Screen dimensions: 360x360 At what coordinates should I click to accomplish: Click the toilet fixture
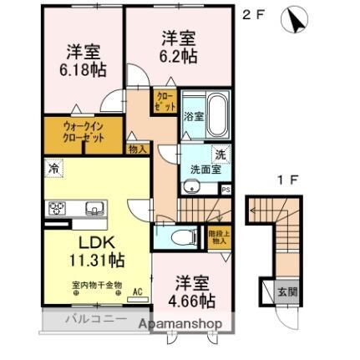click(182, 237)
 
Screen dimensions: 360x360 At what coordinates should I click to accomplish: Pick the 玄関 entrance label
click(286, 292)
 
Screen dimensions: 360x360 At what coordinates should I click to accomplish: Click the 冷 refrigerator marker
click(52, 167)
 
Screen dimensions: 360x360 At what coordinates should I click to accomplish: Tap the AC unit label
click(138, 292)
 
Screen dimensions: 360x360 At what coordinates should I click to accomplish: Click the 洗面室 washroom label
click(206, 168)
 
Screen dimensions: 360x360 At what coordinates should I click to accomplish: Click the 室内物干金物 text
click(95, 285)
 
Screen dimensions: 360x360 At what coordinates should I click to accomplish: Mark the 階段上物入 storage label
click(219, 237)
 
